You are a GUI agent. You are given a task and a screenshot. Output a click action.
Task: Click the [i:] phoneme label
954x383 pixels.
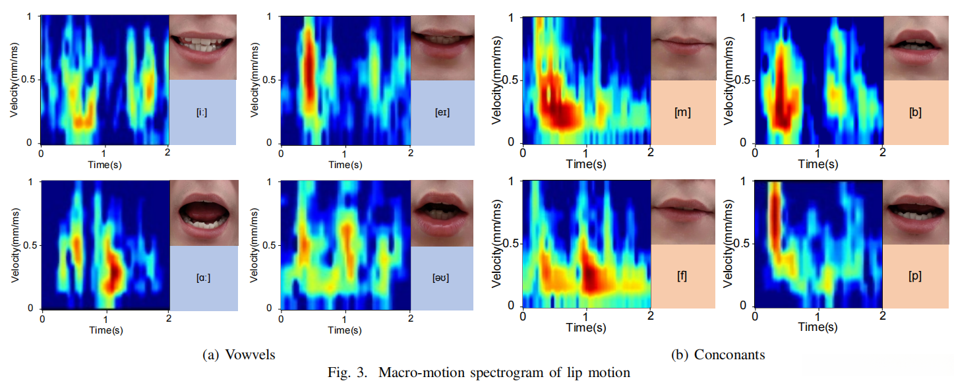click(203, 113)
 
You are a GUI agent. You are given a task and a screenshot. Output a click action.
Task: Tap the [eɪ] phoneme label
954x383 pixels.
click(442, 113)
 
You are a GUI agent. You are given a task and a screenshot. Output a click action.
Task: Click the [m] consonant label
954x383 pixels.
click(682, 112)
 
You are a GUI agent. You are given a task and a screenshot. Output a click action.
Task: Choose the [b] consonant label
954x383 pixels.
click(914, 112)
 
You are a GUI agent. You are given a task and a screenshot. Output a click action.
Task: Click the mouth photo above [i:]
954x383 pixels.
click(203, 46)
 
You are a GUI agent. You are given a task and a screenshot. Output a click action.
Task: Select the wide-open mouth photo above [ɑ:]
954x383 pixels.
click(203, 212)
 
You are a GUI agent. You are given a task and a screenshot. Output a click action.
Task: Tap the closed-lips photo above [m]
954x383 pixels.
click(683, 47)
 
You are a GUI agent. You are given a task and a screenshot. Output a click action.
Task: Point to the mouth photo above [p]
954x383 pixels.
click(915, 212)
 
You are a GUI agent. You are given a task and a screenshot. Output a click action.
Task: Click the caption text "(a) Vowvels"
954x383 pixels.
click(238, 355)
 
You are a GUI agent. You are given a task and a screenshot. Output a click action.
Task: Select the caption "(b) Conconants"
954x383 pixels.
click(718, 355)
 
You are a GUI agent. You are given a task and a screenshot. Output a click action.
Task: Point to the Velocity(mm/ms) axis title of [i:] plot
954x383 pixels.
click(14, 80)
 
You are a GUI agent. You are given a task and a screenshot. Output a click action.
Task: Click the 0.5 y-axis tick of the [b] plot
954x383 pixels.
click(742, 80)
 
